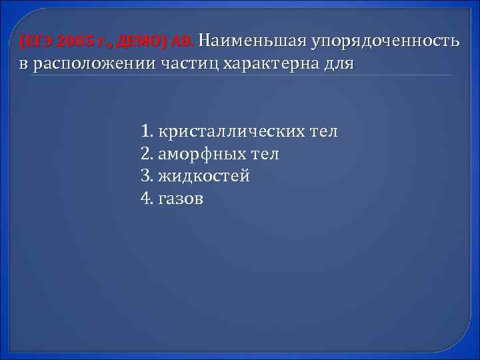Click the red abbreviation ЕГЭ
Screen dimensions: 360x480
[x=33, y=43]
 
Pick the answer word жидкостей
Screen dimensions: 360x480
[x=204, y=176]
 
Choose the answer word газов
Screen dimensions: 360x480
[x=181, y=198]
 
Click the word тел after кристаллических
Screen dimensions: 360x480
[x=324, y=131]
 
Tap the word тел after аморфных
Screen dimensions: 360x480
[x=265, y=154]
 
